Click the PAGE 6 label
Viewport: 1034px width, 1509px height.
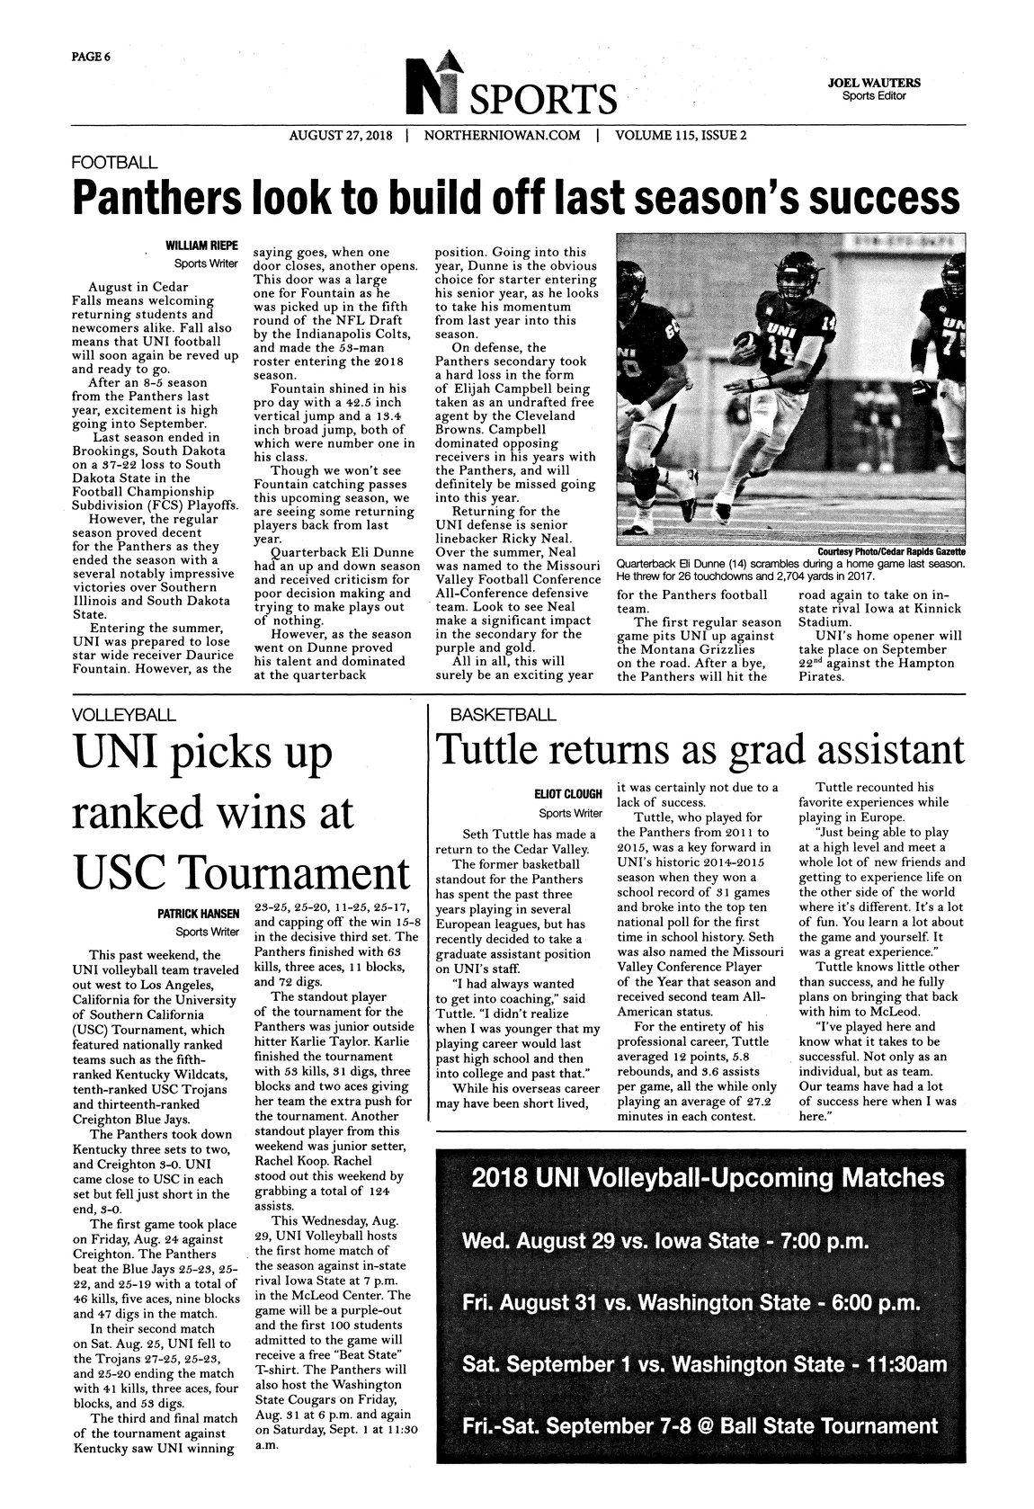(x=91, y=57)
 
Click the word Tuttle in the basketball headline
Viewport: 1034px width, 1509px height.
(x=486, y=750)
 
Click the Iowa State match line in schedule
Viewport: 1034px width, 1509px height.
(x=664, y=1242)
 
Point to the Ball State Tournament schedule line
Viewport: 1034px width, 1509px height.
(x=700, y=1425)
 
